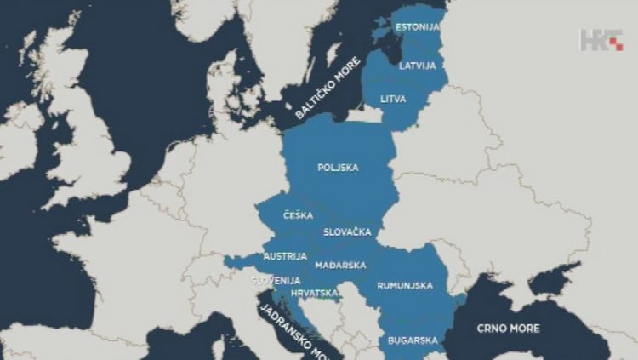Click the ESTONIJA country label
(418, 26)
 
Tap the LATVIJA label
(418, 66)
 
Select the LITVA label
(393, 99)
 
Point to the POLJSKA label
(338, 168)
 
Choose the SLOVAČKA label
(346, 231)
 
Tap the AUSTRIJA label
(280, 255)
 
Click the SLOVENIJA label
(276, 280)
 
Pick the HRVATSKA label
(312, 293)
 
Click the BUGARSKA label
(413, 340)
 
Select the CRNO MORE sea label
(508, 328)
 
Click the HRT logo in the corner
(601, 40)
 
